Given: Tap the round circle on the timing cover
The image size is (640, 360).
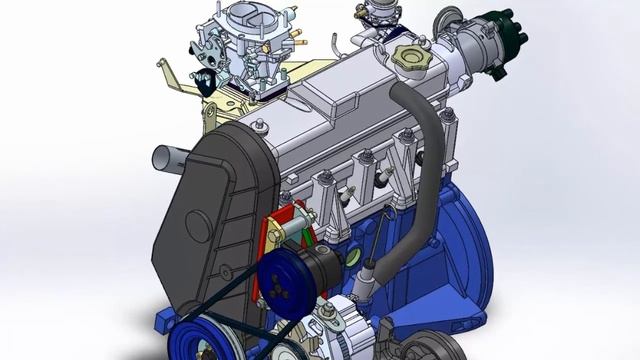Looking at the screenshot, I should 198,228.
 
